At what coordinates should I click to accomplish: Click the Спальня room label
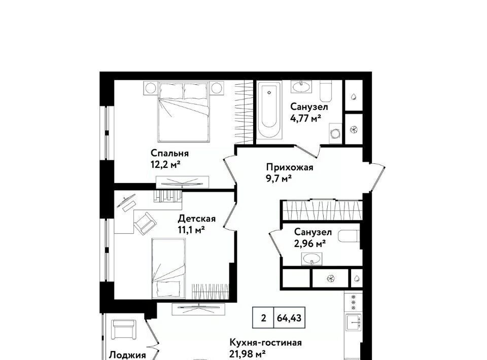tap(169, 153)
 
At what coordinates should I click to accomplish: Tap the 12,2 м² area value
tap(165, 164)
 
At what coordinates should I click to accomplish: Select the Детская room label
tap(196, 219)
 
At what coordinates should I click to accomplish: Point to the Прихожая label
tap(290, 168)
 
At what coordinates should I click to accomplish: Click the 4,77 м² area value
tap(305, 118)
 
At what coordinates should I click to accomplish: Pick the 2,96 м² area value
tap(309, 243)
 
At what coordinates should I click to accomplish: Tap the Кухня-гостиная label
tap(265, 343)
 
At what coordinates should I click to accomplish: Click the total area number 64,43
tap(289, 318)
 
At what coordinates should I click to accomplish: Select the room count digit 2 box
tap(263, 318)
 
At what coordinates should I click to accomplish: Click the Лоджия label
tap(127, 355)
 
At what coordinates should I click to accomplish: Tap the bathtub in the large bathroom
tap(269, 109)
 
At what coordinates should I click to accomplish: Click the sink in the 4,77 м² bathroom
tap(301, 87)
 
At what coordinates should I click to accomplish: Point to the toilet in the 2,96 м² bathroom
tap(349, 236)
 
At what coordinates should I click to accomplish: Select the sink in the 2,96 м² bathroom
tap(311, 259)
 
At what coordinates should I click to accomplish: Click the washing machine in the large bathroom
tap(336, 133)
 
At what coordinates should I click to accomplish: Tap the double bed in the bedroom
tap(183, 112)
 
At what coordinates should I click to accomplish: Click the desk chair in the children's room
tap(145, 224)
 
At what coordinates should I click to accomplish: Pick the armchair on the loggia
tap(123, 330)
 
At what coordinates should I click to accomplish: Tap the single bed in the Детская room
tap(168, 268)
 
